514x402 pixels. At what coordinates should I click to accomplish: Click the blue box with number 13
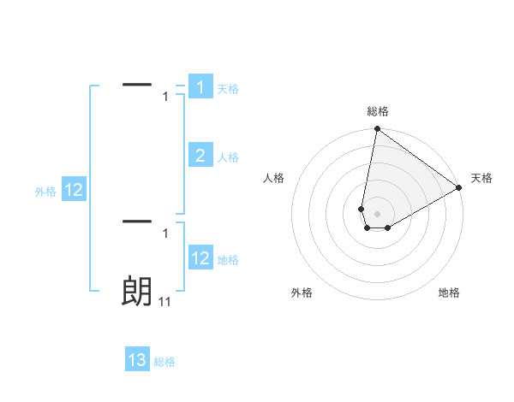(x=137, y=360)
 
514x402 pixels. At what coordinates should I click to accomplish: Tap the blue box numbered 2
(x=200, y=155)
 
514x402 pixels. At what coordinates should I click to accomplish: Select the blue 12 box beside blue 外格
(x=74, y=190)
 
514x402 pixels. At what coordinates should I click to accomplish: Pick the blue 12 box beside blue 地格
(x=200, y=257)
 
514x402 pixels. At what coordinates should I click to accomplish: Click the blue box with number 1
(x=200, y=86)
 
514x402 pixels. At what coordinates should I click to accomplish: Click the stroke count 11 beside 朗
(x=164, y=302)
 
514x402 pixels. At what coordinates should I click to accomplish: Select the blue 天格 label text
(x=228, y=88)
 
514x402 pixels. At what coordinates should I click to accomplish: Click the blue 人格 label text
(x=228, y=157)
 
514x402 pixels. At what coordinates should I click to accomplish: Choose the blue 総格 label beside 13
(x=164, y=362)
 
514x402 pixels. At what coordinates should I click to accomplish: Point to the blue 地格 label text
(x=228, y=260)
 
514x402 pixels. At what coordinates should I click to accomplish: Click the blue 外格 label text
(x=45, y=192)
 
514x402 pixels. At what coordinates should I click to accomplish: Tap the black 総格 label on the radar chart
(x=377, y=111)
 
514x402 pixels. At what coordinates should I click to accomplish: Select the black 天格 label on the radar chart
(x=481, y=178)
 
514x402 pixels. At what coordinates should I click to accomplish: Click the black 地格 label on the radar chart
(x=449, y=293)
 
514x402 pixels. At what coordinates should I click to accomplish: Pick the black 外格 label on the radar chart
(x=302, y=293)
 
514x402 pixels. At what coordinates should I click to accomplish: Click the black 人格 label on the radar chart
(x=274, y=178)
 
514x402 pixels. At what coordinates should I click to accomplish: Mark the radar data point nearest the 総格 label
(x=377, y=129)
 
